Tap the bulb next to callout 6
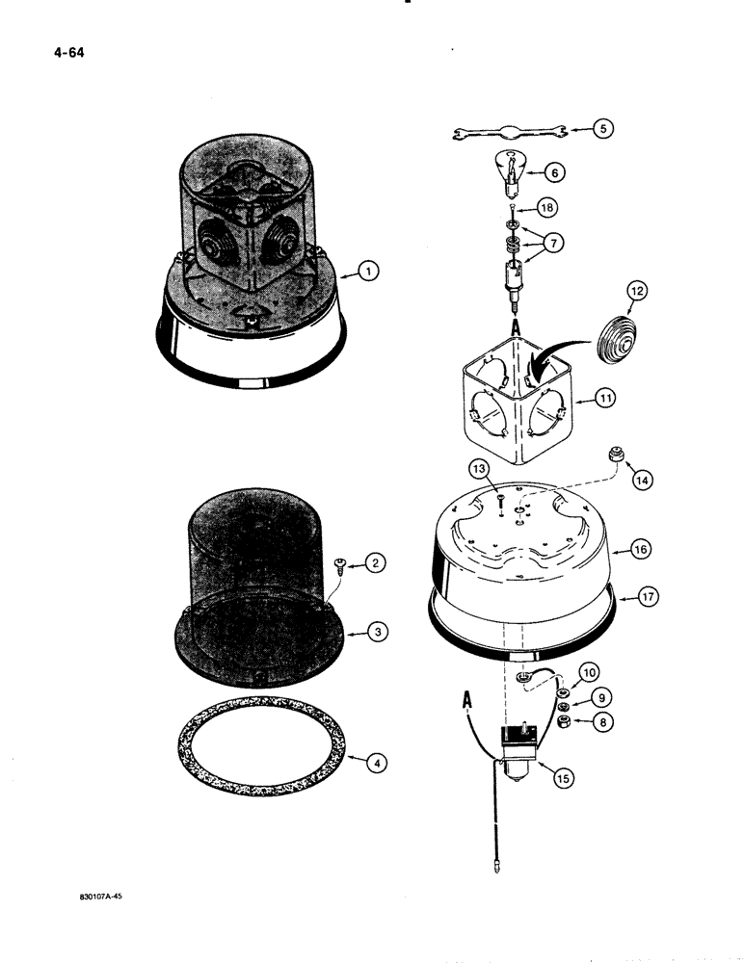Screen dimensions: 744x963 pyautogui.click(x=518, y=169)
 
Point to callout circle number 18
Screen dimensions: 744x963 pyautogui.click(x=546, y=207)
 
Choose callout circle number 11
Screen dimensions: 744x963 pyautogui.click(x=606, y=397)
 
